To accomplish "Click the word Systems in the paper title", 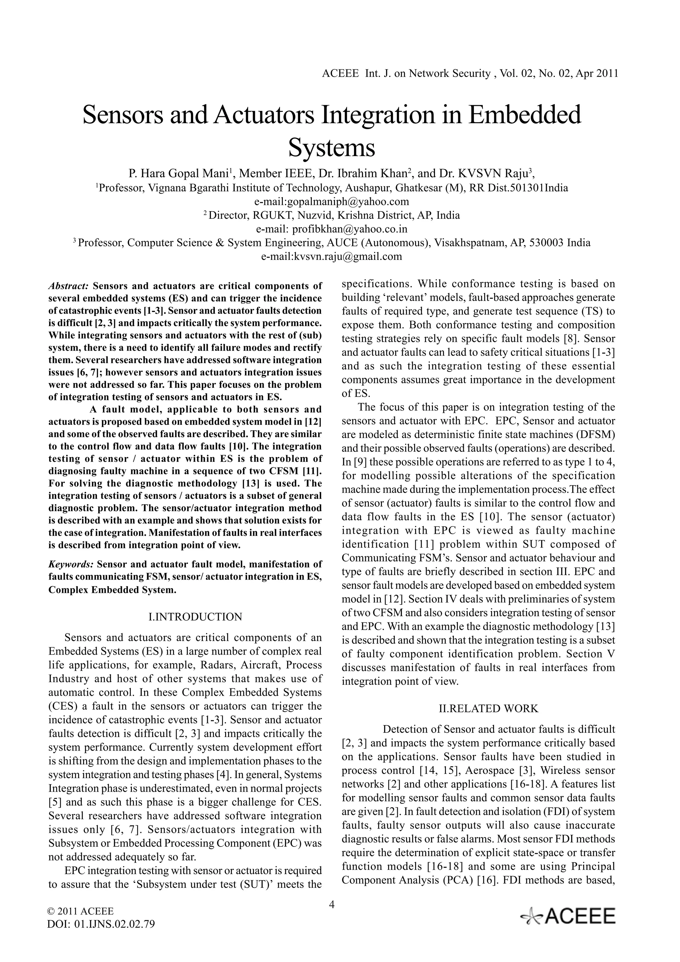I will [x=331, y=148].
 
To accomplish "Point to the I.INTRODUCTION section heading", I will [x=195, y=617].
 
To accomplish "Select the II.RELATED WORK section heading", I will [x=488, y=708].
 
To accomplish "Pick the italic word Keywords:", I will [x=70, y=564].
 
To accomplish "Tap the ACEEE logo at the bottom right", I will [x=568, y=917].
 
